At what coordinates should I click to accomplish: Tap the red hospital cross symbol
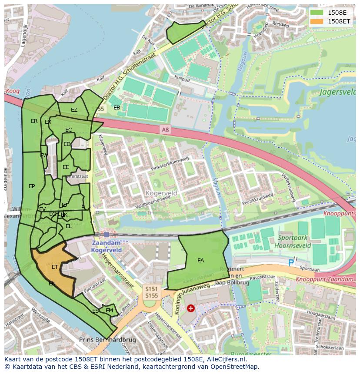point(190,308)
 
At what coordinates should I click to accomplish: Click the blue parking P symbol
point(291,263)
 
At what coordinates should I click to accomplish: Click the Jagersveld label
point(337,92)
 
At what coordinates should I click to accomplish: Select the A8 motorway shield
point(165,129)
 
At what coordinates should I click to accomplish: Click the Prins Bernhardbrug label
point(107,339)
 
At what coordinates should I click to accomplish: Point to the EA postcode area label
point(200,261)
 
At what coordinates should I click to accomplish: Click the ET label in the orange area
point(55,267)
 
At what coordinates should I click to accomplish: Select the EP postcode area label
point(32,186)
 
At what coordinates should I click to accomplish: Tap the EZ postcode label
point(74,110)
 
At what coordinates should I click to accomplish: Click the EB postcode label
point(117,107)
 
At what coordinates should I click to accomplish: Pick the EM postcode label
point(109,310)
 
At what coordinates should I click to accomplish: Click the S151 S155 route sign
point(151,292)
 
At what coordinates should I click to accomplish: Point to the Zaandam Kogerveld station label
point(106,247)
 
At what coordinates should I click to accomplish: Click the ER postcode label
point(34,121)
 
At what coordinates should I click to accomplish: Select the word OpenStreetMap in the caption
point(237,366)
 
